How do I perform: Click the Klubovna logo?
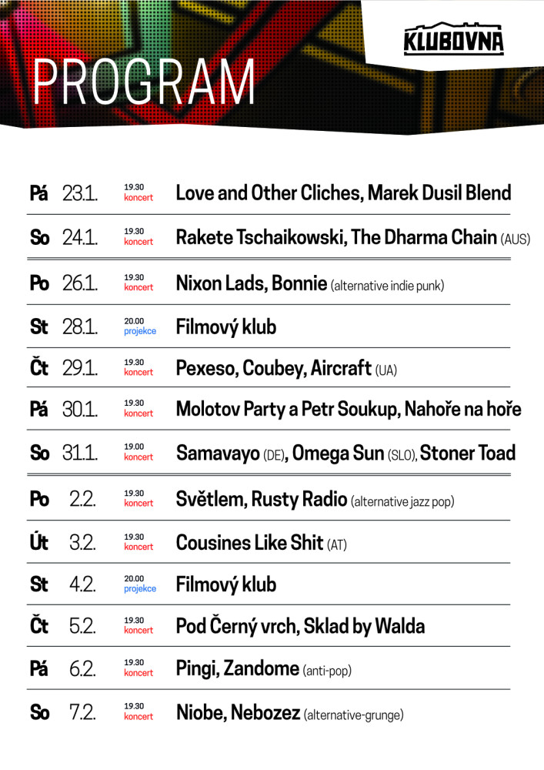[x=453, y=41]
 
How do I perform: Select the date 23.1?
[x=80, y=192]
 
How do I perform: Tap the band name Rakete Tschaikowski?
[x=260, y=237]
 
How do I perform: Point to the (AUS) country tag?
[x=516, y=239]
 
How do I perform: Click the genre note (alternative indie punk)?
[x=388, y=286]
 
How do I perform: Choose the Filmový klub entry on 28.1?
[x=226, y=327]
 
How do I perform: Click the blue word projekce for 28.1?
[x=140, y=332]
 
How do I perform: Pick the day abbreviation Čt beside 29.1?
[x=39, y=368]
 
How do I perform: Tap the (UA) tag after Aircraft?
[x=386, y=371]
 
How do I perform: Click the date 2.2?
[x=82, y=499]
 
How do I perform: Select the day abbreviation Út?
[x=39, y=542]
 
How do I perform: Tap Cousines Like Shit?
[x=249, y=543]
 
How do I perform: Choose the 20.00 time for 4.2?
[x=134, y=579]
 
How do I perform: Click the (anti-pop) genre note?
[x=327, y=671]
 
